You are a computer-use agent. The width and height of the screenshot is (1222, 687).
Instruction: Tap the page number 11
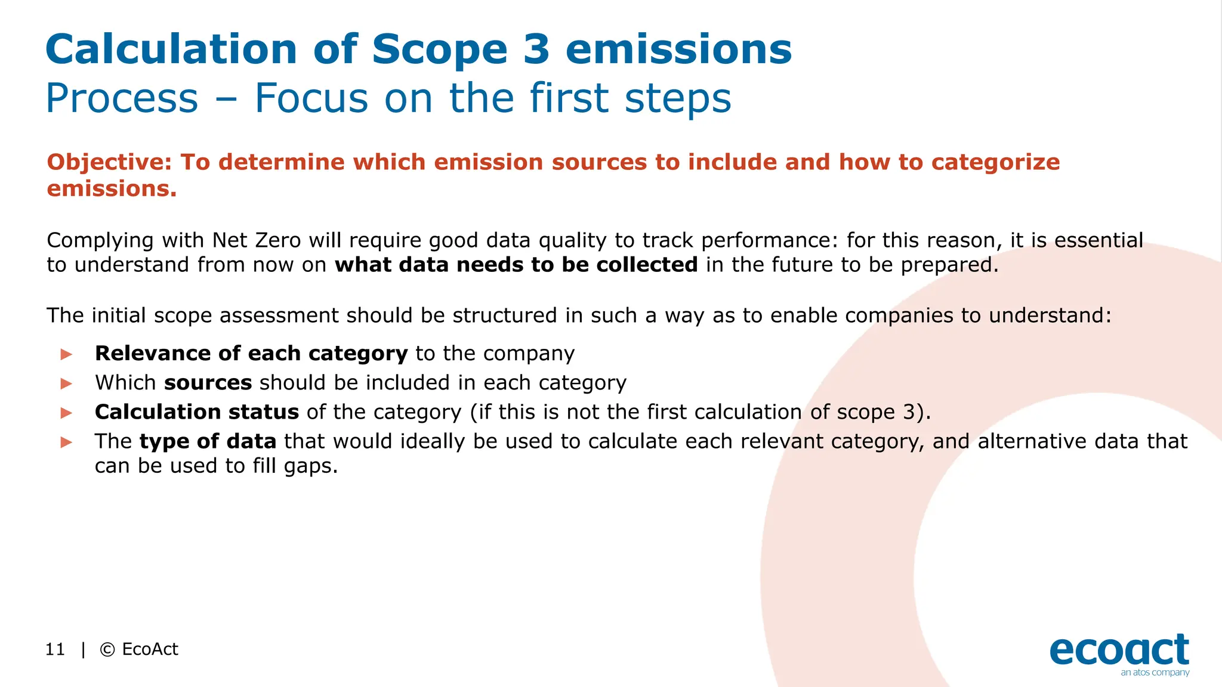[x=55, y=649]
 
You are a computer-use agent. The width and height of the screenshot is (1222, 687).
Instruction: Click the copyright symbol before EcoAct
[x=107, y=649]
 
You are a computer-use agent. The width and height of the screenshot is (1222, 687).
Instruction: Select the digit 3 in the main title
[x=536, y=49]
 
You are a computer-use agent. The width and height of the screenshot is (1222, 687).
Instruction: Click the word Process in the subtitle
[x=122, y=98]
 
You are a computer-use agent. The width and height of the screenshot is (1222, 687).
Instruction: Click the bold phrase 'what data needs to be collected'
[x=516, y=265]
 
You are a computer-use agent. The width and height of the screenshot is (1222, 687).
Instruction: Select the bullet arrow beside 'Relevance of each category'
[x=66, y=354]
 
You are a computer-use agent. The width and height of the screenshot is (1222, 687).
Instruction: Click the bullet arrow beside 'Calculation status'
[x=66, y=413]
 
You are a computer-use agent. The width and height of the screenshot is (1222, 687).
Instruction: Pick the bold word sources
[x=208, y=383]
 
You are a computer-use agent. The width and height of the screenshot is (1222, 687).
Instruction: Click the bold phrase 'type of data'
[x=208, y=441]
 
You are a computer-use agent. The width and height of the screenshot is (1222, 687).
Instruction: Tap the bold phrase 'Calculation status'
[x=197, y=412]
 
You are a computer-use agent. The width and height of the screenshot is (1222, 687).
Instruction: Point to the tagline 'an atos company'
[x=1155, y=673]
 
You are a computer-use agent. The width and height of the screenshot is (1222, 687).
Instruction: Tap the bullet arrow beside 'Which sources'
[x=66, y=383]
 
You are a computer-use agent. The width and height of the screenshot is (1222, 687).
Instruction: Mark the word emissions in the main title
[x=678, y=49]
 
